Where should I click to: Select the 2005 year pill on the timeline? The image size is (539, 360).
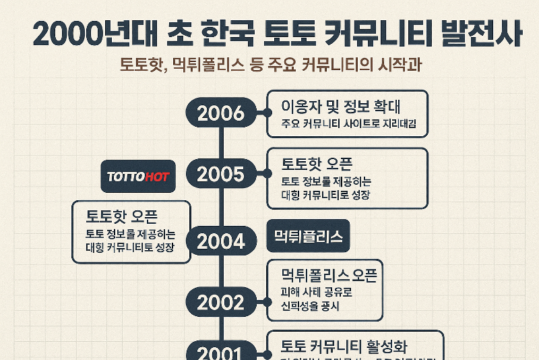(x=220, y=175)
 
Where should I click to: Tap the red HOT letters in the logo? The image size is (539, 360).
(x=157, y=177)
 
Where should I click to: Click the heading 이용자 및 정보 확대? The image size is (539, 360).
(x=345, y=106)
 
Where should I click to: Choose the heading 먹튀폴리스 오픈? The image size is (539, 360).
(x=328, y=274)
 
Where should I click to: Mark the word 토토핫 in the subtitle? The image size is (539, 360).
(x=141, y=66)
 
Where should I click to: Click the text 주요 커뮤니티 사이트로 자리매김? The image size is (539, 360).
(x=349, y=125)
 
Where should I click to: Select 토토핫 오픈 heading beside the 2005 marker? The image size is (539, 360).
(x=317, y=163)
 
